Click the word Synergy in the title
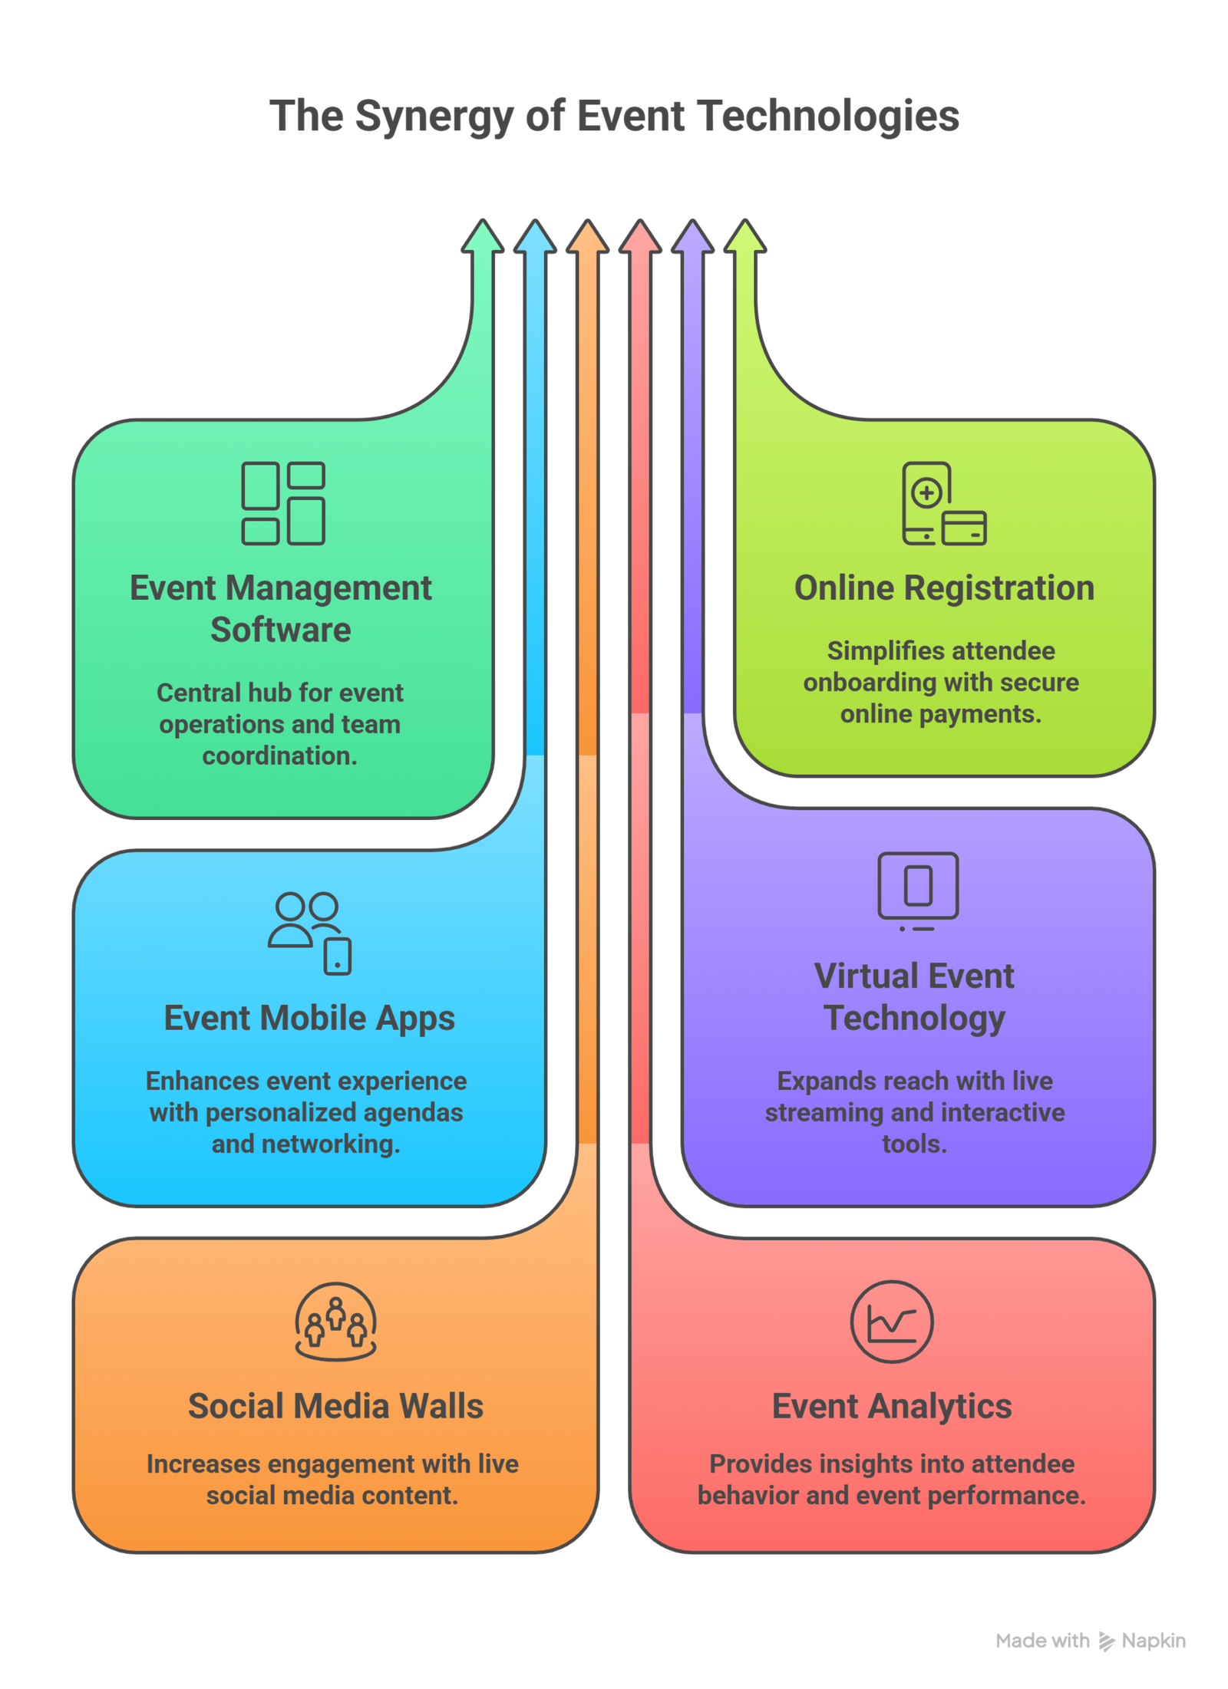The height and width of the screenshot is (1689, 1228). (x=434, y=117)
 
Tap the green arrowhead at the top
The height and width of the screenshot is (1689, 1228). (x=482, y=236)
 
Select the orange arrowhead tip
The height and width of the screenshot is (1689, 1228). (x=587, y=236)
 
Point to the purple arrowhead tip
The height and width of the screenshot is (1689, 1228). (x=692, y=236)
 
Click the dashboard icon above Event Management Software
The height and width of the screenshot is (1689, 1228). (x=283, y=503)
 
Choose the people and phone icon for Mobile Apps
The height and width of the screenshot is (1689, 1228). (x=309, y=933)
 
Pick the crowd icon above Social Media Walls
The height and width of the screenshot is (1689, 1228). (x=336, y=1321)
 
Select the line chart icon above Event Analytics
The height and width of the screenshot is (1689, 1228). (x=892, y=1321)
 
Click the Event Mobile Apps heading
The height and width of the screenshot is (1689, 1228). (x=309, y=1019)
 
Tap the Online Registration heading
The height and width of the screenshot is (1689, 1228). (x=944, y=588)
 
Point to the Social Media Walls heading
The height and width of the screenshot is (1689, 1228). (x=336, y=1406)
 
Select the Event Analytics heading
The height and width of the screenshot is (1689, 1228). (x=892, y=1406)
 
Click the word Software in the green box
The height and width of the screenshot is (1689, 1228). (x=281, y=630)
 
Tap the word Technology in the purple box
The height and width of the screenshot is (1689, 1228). (x=914, y=1018)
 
